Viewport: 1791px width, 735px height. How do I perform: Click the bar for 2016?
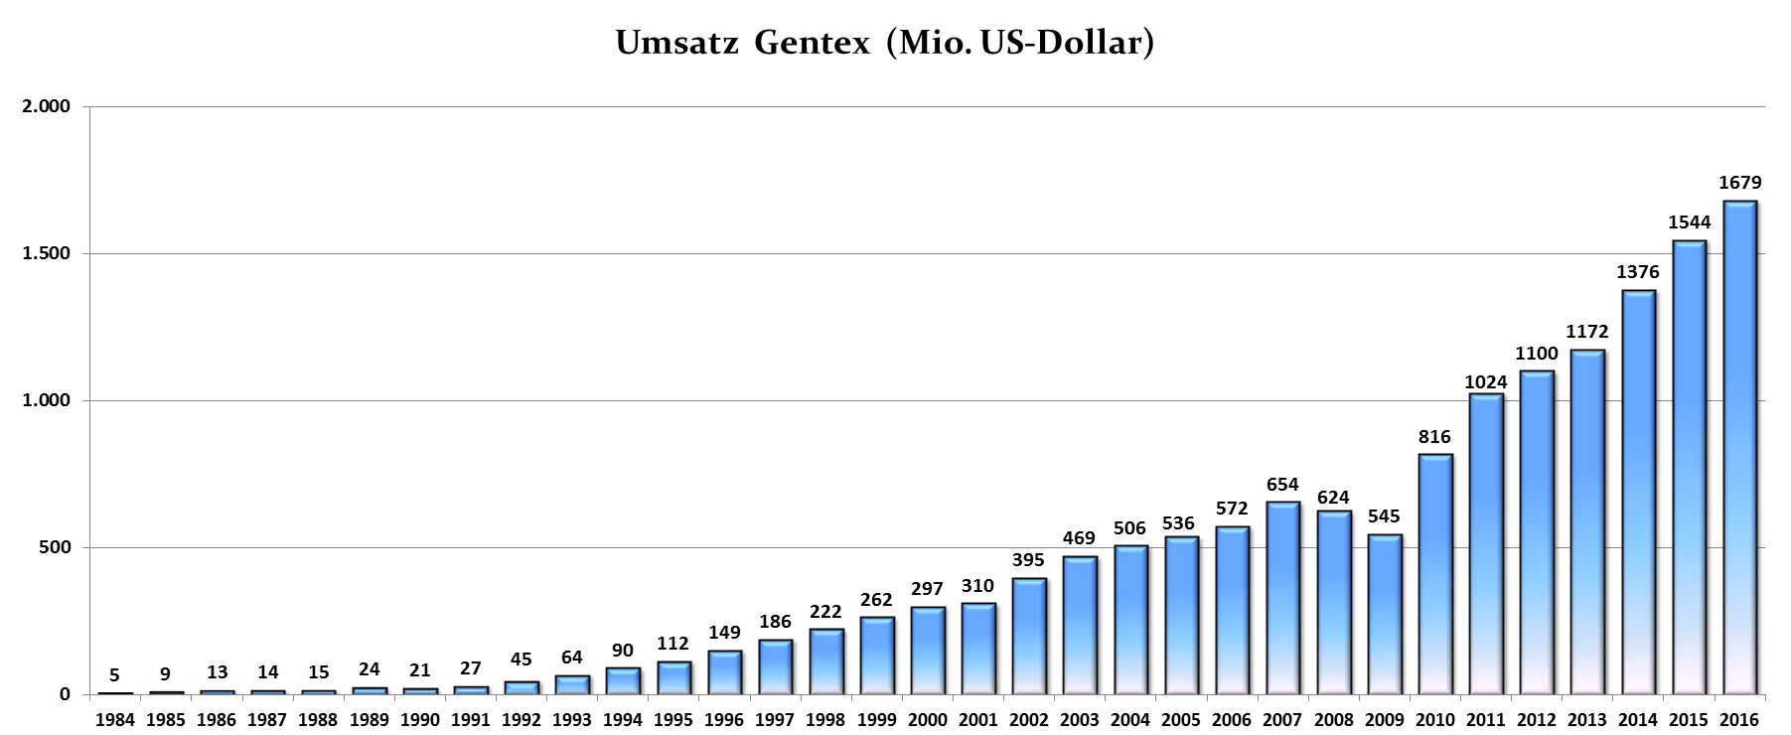pos(1739,447)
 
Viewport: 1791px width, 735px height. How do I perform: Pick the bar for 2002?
pos(1029,636)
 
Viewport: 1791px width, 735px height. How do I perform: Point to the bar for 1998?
pos(825,661)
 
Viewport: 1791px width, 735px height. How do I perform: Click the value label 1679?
pos(1739,183)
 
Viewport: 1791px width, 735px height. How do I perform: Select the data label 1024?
pos(1486,382)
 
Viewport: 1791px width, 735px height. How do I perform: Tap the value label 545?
pos(1384,516)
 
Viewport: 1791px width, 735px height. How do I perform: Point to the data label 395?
pos(1029,560)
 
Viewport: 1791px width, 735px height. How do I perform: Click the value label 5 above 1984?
pos(115,675)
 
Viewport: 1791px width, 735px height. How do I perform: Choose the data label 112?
pos(673,644)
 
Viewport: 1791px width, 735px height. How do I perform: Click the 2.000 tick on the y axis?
pos(46,106)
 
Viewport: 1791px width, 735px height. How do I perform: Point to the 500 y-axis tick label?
pos(55,547)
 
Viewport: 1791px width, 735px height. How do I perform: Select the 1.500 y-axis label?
pos(46,253)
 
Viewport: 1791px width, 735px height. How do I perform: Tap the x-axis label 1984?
pos(115,720)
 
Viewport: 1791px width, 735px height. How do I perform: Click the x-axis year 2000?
pos(927,720)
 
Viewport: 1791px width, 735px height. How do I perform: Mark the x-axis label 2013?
pos(1587,720)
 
